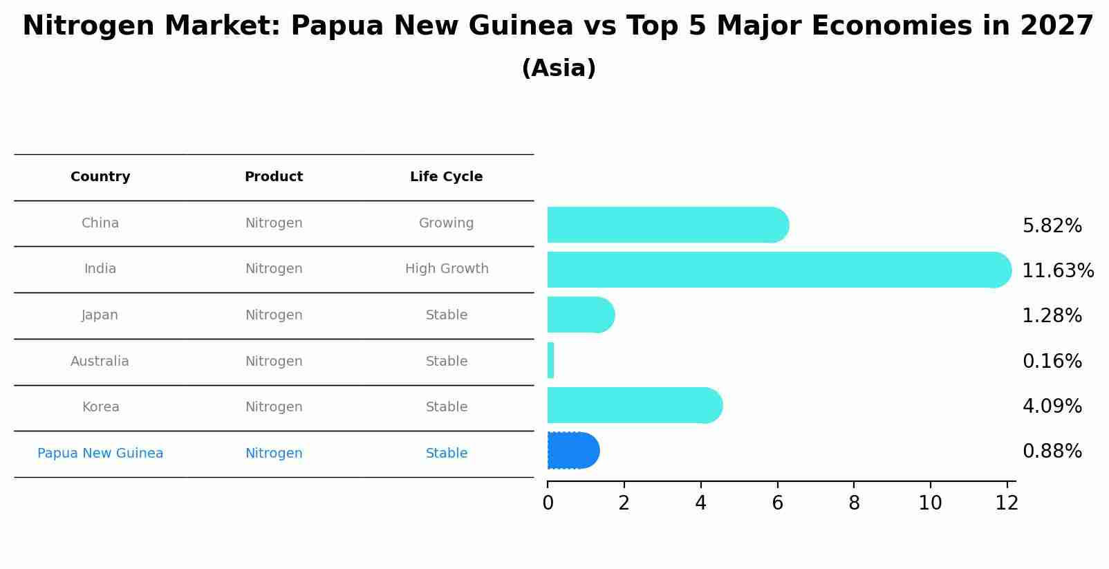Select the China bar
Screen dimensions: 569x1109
[667, 225]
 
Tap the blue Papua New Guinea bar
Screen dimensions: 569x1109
[572, 451]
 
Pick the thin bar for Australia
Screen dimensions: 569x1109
[550, 360]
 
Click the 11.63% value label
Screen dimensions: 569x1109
[1058, 271]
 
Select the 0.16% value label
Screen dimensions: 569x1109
[1052, 362]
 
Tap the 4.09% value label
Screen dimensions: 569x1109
[1052, 407]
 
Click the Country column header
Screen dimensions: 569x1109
[100, 177]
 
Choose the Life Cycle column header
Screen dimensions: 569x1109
[446, 177]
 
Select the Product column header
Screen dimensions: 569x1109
[274, 177]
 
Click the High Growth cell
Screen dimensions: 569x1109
[447, 269]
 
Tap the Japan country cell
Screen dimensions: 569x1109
[100, 315]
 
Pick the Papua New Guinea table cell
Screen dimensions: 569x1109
[100, 454]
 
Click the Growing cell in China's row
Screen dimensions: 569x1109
[446, 223]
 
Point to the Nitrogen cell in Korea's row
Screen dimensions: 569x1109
[274, 407]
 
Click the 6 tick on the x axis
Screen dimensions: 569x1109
[777, 503]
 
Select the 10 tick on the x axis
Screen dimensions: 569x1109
[930, 503]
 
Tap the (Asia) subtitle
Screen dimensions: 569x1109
[559, 68]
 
